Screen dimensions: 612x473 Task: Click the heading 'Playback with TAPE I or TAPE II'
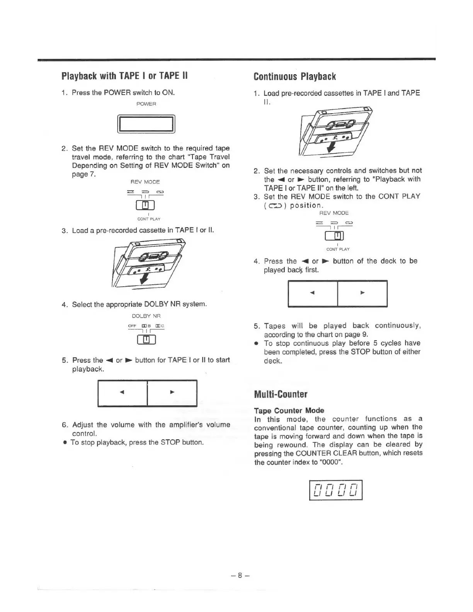click(124, 75)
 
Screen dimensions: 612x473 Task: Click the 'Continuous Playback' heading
click(294, 76)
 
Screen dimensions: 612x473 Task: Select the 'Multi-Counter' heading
click(281, 394)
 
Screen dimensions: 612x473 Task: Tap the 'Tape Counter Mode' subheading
click(289, 410)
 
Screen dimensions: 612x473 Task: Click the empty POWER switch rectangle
click(146, 124)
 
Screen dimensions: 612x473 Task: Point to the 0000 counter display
click(336, 490)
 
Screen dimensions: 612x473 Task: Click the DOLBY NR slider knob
click(146, 340)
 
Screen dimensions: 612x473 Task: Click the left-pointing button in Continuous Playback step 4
click(313, 293)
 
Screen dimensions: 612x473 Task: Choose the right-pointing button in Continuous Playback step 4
click(362, 293)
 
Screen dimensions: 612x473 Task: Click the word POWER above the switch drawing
click(146, 104)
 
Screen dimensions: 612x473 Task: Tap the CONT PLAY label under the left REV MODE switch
click(149, 219)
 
